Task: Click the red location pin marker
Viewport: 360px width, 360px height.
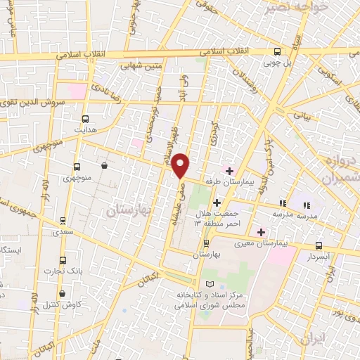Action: (x=181, y=166)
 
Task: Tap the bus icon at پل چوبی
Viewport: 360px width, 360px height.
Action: (x=278, y=52)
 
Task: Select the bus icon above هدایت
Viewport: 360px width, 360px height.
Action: (x=86, y=119)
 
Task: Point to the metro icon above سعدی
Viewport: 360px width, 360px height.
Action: (x=64, y=221)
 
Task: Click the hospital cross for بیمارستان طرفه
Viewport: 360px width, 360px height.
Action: (x=229, y=170)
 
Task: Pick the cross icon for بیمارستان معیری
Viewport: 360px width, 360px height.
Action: (x=261, y=231)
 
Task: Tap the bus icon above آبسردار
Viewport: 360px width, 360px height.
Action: (x=319, y=246)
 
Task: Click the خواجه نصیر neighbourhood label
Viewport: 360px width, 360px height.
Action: (x=290, y=7)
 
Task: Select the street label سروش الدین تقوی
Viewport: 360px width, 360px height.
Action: (x=33, y=103)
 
